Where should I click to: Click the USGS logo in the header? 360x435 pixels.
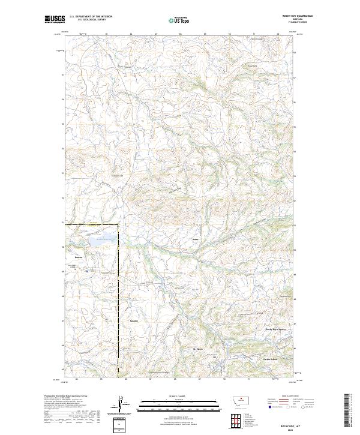53,19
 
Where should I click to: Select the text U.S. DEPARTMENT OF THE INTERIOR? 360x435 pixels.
91,17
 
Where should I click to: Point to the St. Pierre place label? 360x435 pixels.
199,349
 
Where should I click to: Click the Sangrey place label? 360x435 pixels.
134,321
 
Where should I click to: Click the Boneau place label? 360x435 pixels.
78,257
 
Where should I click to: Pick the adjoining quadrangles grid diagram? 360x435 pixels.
233,419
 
